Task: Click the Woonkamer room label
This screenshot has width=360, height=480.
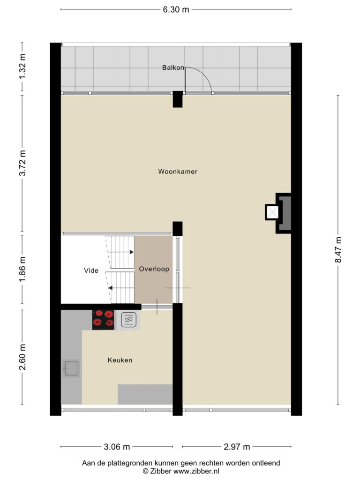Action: (x=178, y=172)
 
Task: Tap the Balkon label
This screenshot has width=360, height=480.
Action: (x=173, y=67)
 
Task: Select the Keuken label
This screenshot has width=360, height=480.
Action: (x=120, y=360)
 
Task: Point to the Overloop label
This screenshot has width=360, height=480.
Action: (x=154, y=269)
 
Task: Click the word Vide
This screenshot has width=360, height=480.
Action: (x=91, y=270)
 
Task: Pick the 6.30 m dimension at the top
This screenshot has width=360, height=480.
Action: (x=176, y=9)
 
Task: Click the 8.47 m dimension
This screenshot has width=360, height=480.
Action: (x=338, y=250)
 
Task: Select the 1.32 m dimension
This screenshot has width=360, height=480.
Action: (x=22, y=67)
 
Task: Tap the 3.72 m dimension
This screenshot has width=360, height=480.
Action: (x=22, y=163)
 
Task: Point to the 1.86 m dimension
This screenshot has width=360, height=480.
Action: (x=22, y=270)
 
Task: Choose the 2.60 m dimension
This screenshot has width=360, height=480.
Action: (x=22, y=357)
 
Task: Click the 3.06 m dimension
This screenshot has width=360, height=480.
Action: (x=117, y=447)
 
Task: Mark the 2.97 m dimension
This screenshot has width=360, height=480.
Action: (x=237, y=447)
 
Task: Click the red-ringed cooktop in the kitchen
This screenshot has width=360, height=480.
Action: (x=103, y=320)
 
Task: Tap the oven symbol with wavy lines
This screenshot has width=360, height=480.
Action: (x=128, y=320)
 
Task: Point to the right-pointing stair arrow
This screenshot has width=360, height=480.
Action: (x=120, y=252)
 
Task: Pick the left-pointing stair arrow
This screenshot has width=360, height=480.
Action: (x=121, y=288)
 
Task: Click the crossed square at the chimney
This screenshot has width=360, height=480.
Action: (x=272, y=212)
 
